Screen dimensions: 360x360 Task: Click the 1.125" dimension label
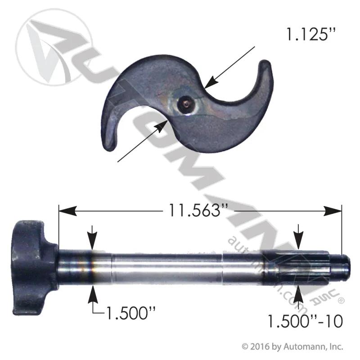point(311,35)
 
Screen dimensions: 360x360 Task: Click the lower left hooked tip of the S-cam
point(108,147)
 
